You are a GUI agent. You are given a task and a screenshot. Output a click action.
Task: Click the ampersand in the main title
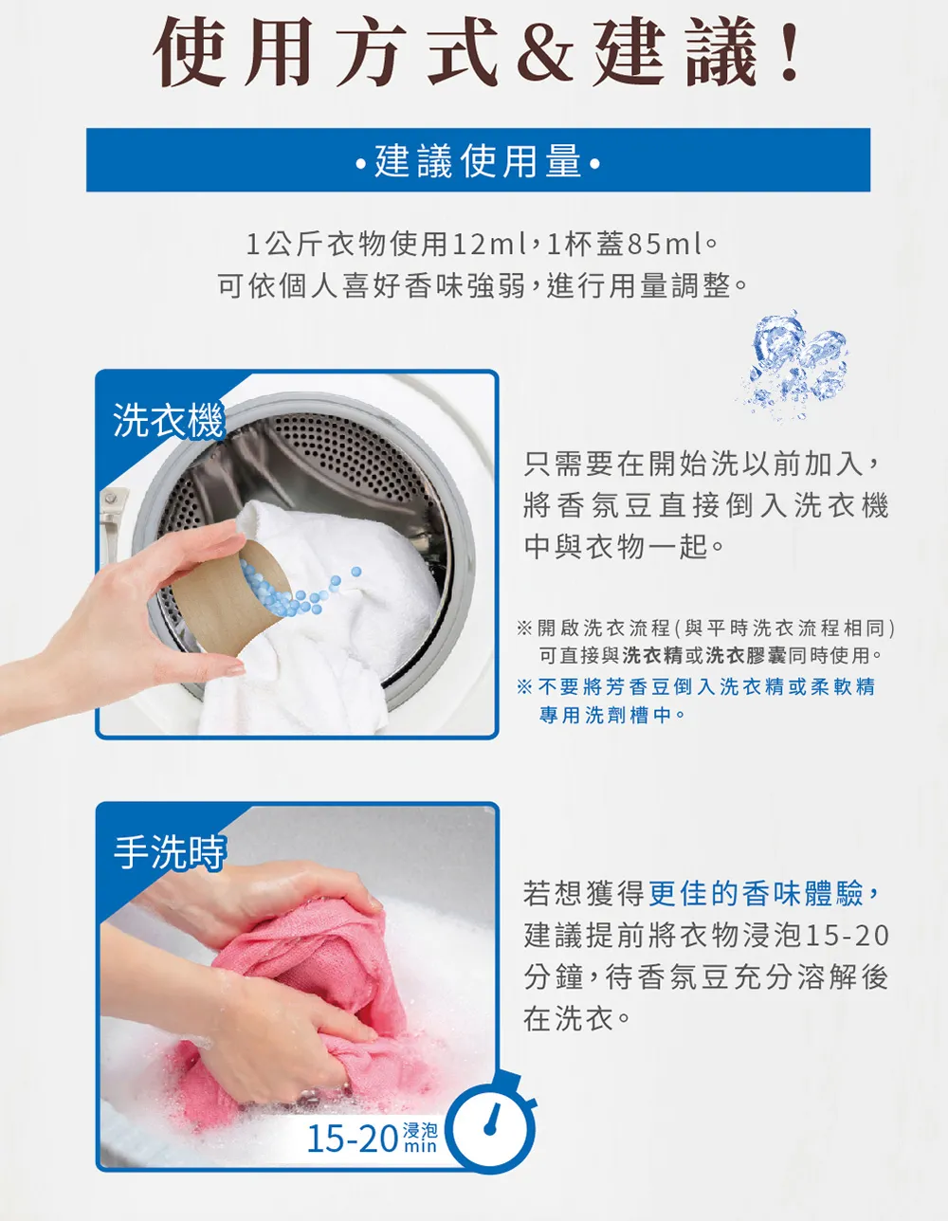coord(544,54)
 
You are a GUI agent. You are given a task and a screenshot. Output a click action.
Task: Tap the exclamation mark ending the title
coord(790,52)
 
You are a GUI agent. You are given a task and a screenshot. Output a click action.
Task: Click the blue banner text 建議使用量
coord(478,161)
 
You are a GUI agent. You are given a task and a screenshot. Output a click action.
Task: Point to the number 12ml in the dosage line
coord(489,245)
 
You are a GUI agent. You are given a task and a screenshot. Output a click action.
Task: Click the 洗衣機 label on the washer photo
coord(169,420)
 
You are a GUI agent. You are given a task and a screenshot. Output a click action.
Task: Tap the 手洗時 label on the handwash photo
coord(170,852)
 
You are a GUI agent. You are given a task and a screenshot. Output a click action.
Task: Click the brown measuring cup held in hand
coord(229,598)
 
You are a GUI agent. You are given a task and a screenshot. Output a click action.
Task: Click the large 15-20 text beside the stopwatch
coord(353,1139)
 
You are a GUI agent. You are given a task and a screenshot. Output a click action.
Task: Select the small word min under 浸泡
coord(420,1147)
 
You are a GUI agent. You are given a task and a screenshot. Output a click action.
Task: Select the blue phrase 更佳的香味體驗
coord(756,894)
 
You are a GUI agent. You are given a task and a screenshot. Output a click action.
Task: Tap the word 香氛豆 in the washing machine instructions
coord(606,505)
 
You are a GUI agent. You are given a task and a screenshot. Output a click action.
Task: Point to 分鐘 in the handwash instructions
coord(554,977)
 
